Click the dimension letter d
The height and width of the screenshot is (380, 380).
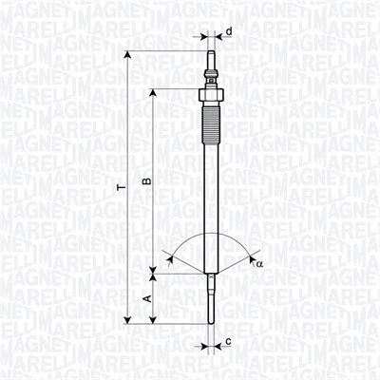[229, 31]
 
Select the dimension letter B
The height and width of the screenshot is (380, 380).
[145, 180]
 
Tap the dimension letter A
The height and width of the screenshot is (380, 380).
[145, 298]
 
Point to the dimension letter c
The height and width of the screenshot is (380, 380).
[229, 340]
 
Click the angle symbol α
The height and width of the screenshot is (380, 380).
[258, 263]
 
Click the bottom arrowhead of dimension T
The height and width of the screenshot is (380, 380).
[127, 320]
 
